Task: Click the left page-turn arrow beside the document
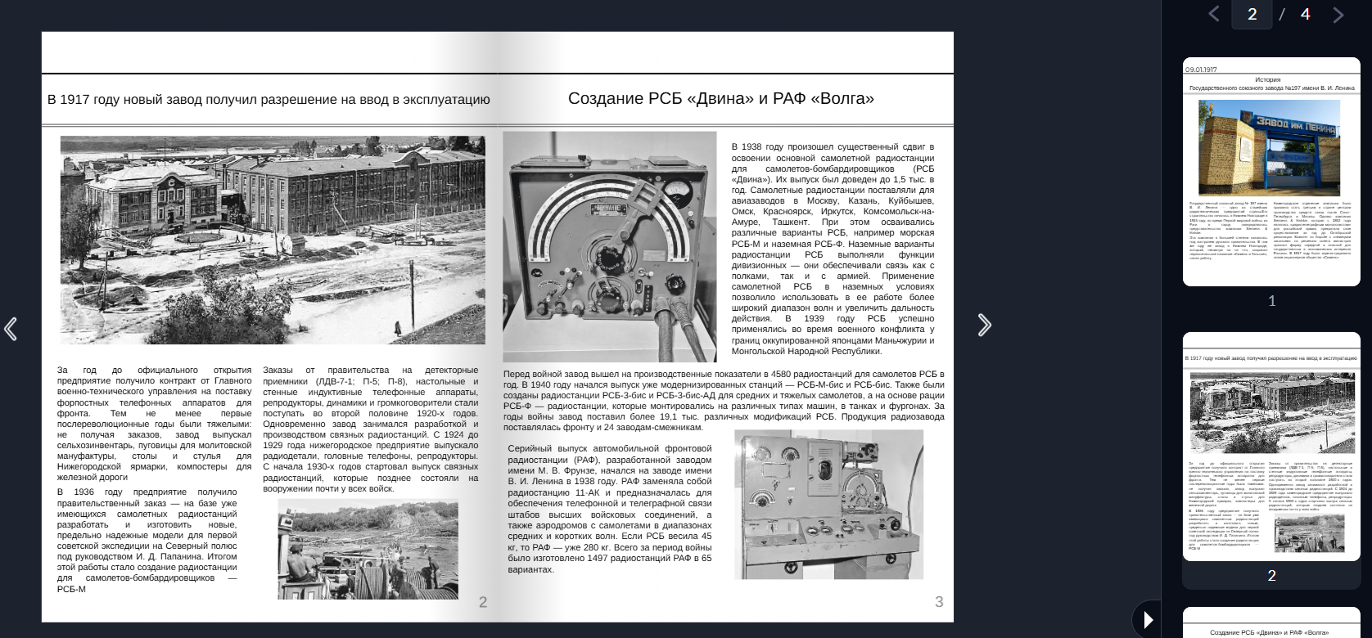(11, 329)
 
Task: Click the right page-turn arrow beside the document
(984, 326)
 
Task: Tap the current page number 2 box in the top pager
(1252, 14)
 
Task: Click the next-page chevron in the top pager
(1338, 15)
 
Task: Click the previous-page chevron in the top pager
(1214, 14)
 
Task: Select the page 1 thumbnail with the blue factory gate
(1271, 171)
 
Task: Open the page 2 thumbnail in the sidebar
(1271, 446)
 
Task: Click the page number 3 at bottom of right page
(939, 602)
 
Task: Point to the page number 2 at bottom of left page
(483, 602)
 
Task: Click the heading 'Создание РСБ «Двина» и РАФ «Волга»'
(720, 99)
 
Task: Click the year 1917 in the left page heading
(75, 100)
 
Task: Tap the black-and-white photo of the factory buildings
(273, 240)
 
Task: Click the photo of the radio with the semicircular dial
(609, 246)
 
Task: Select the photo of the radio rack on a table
(828, 504)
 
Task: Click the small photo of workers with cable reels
(368, 549)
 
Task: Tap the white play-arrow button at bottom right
(1148, 620)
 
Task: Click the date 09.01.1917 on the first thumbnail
(1201, 70)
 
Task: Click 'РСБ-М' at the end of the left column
(71, 589)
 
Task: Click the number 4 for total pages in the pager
(1305, 14)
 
